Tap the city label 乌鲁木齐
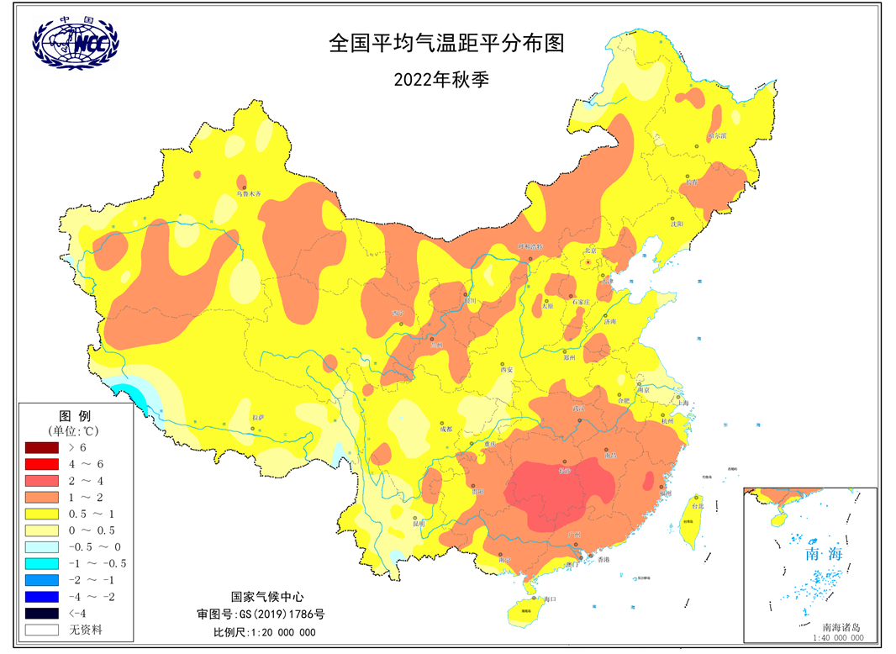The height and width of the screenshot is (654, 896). pyautogui.click(x=249, y=194)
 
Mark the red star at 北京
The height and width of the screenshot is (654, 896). pyautogui.click(x=588, y=263)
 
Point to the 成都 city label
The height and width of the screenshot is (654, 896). pyautogui.click(x=445, y=429)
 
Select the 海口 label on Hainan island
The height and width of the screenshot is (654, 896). pyautogui.click(x=551, y=599)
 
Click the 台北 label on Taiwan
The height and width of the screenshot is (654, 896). pyautogui.click(x=697, y=506)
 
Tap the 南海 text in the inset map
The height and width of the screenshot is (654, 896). pyautogui.click(x=823, y=555)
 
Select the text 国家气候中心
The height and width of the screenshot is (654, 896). pyautogui.click(x=260, y=595)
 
